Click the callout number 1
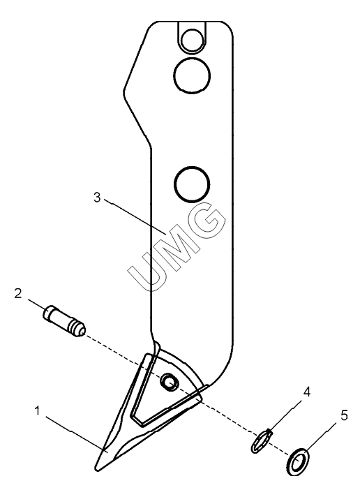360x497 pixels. pos(38,411)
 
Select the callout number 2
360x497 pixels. pos(17,293)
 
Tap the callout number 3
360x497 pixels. pos(97,197)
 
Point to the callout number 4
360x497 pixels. pos(306,392)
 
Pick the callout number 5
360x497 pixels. pos(345,415)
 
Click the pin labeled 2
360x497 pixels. pos(64,320)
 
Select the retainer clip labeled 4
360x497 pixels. pos(262,440)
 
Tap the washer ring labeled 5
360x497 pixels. pos(298,462)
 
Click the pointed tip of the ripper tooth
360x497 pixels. pos(96,469)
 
